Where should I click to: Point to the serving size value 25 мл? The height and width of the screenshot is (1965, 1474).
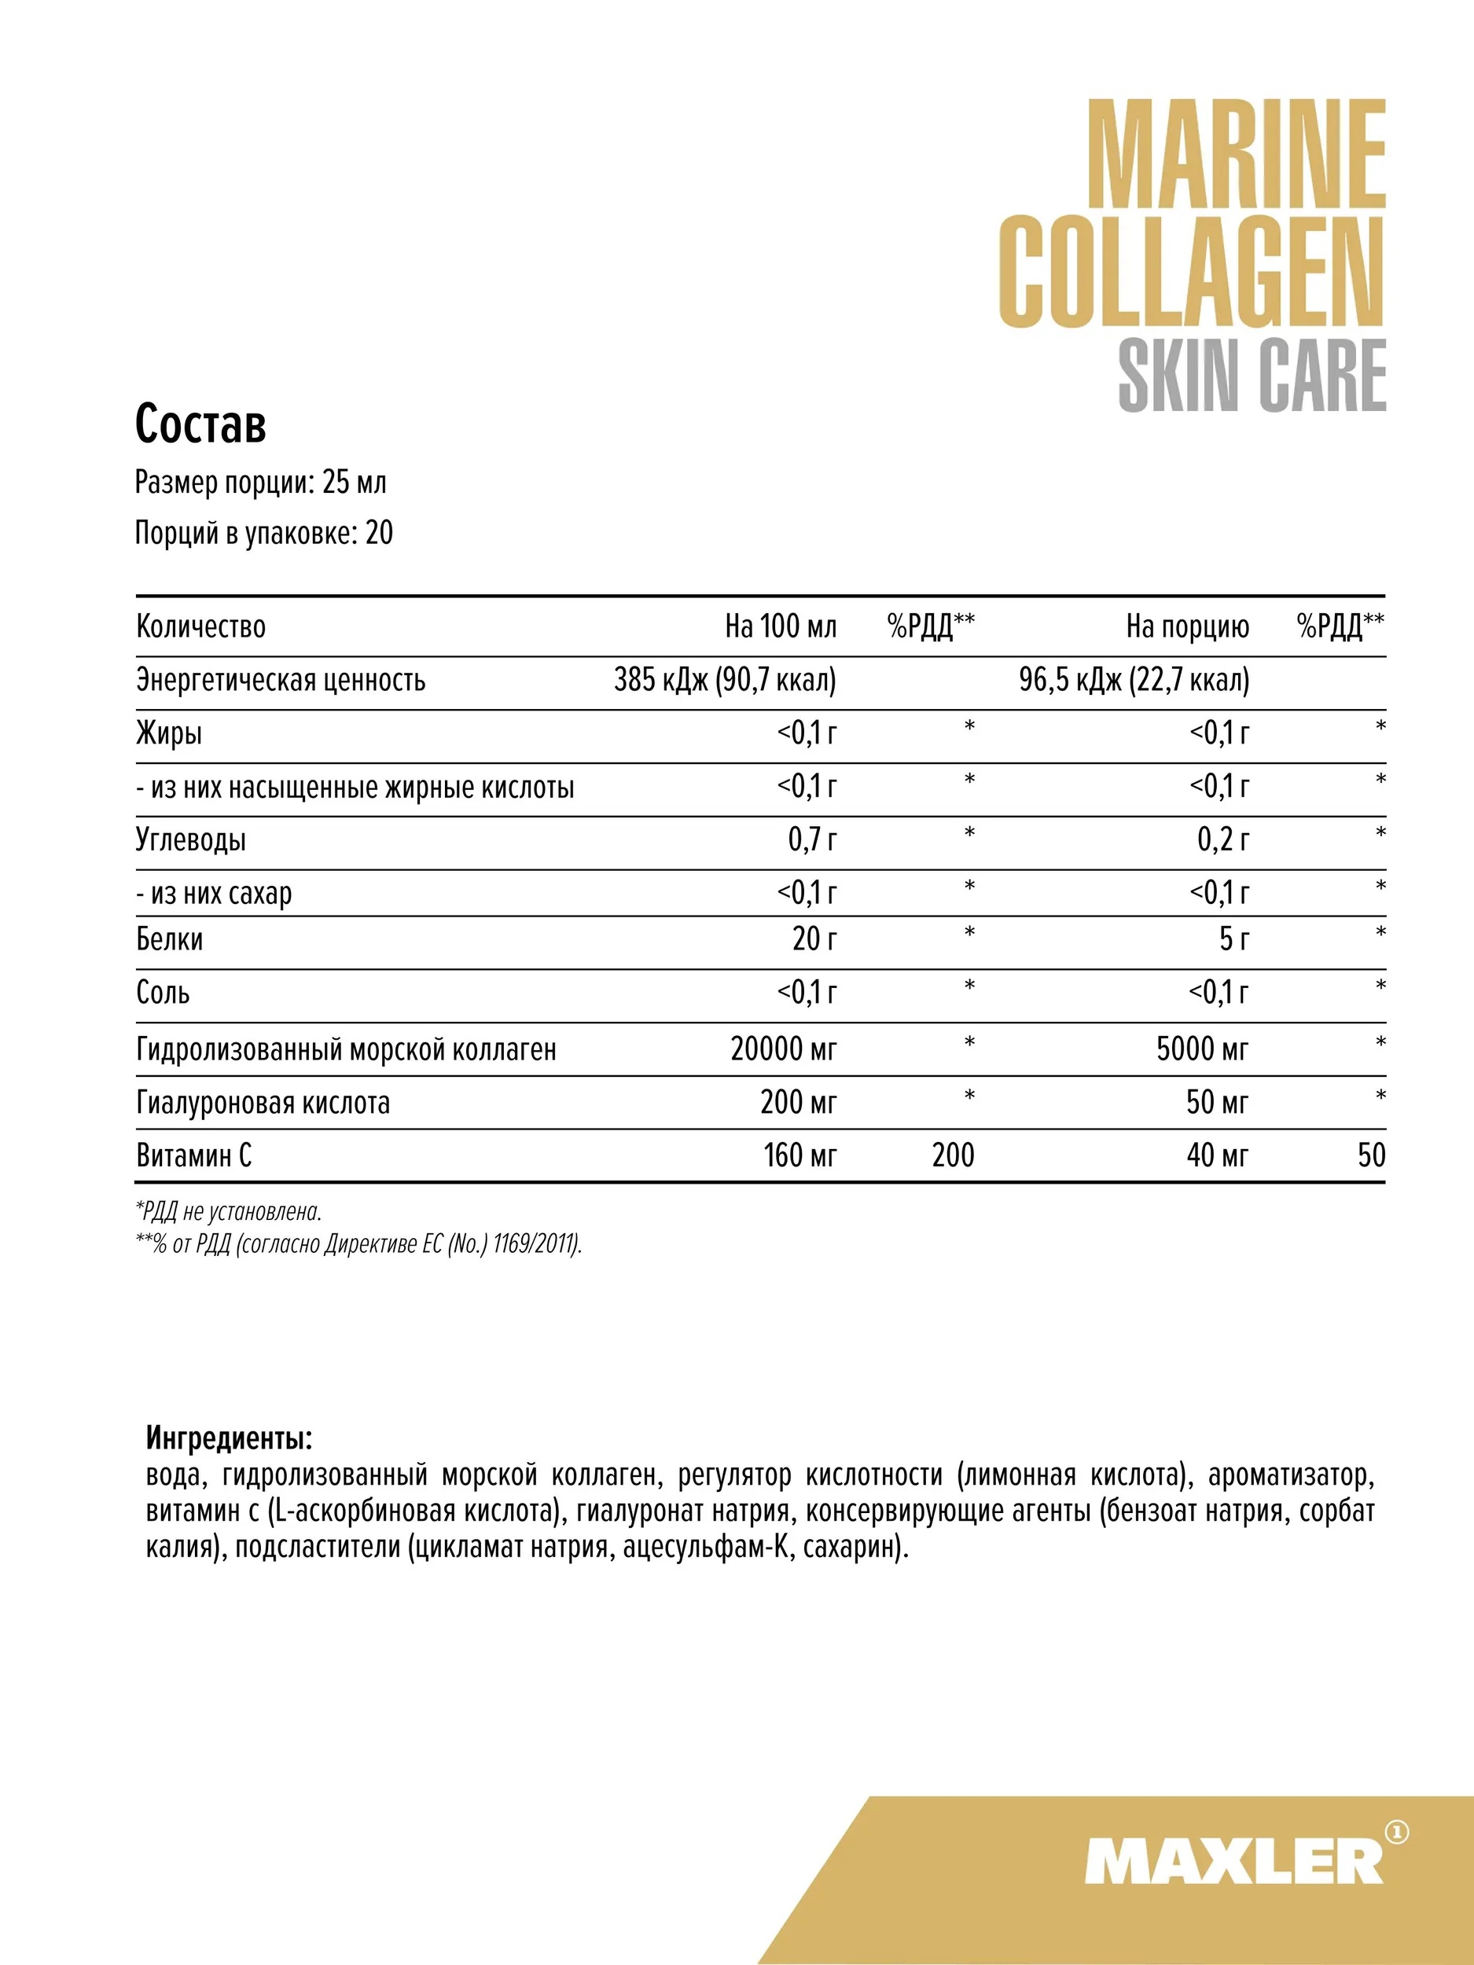pos(354,483)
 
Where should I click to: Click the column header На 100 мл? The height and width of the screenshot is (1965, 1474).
pos(780,626)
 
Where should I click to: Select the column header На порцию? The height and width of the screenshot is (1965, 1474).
pos(1187,626)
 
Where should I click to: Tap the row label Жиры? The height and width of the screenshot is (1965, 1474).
pos(169,734)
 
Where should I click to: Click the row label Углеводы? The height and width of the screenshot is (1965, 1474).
pos(191,839)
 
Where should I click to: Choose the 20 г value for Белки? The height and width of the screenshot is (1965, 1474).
pos(814,939)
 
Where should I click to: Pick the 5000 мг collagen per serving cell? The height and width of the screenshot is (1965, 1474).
pos(1201,1049)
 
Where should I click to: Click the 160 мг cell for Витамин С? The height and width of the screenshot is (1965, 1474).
pos(799,1155)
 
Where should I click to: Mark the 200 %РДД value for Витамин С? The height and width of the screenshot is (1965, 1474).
pos(953,1155)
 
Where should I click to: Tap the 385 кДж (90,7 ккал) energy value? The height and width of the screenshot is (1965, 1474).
pos(725,680)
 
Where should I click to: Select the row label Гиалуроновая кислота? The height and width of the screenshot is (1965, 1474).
pos(263,1103)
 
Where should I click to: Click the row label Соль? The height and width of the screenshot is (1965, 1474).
pos(163,992)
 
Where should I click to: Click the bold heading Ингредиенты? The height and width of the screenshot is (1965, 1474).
pos(230,1438)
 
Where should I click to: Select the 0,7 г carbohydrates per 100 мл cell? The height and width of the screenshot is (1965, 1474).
pos(812,839)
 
